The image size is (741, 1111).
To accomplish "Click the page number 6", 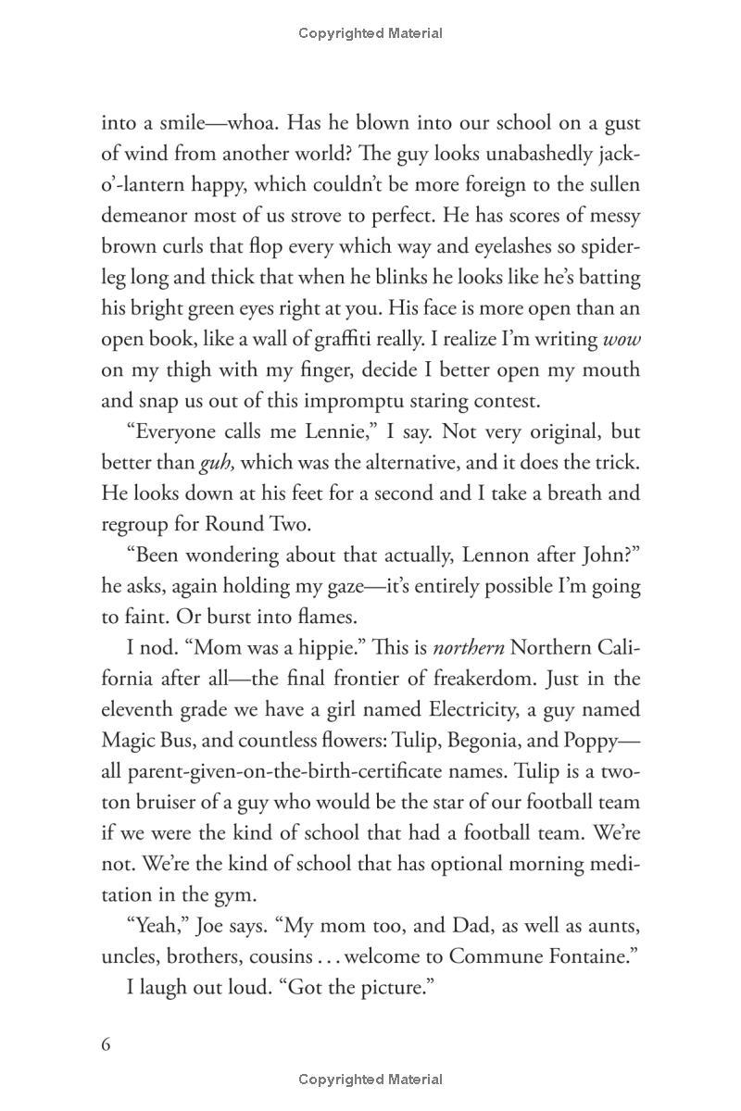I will (106, 1044).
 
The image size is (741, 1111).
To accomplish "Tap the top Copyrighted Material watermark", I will (370, 33).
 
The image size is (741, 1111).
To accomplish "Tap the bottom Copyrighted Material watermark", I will (370, 1080).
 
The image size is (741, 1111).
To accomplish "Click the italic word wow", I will (621, 340).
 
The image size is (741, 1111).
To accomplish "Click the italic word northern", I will (468, 647).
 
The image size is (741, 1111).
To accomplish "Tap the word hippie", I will (306, 647).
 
